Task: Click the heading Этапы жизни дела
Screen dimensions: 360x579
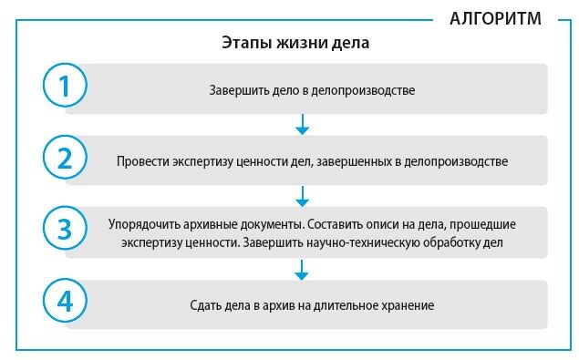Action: (295, 43)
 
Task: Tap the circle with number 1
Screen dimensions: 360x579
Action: (65, 87)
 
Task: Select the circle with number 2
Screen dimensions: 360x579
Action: (65, 159)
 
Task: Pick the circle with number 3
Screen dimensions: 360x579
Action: (65, 230)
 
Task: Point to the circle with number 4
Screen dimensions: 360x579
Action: (65, 302)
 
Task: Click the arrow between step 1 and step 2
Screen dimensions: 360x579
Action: (304, 124)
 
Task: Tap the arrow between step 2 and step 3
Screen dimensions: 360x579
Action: (304, 195)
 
